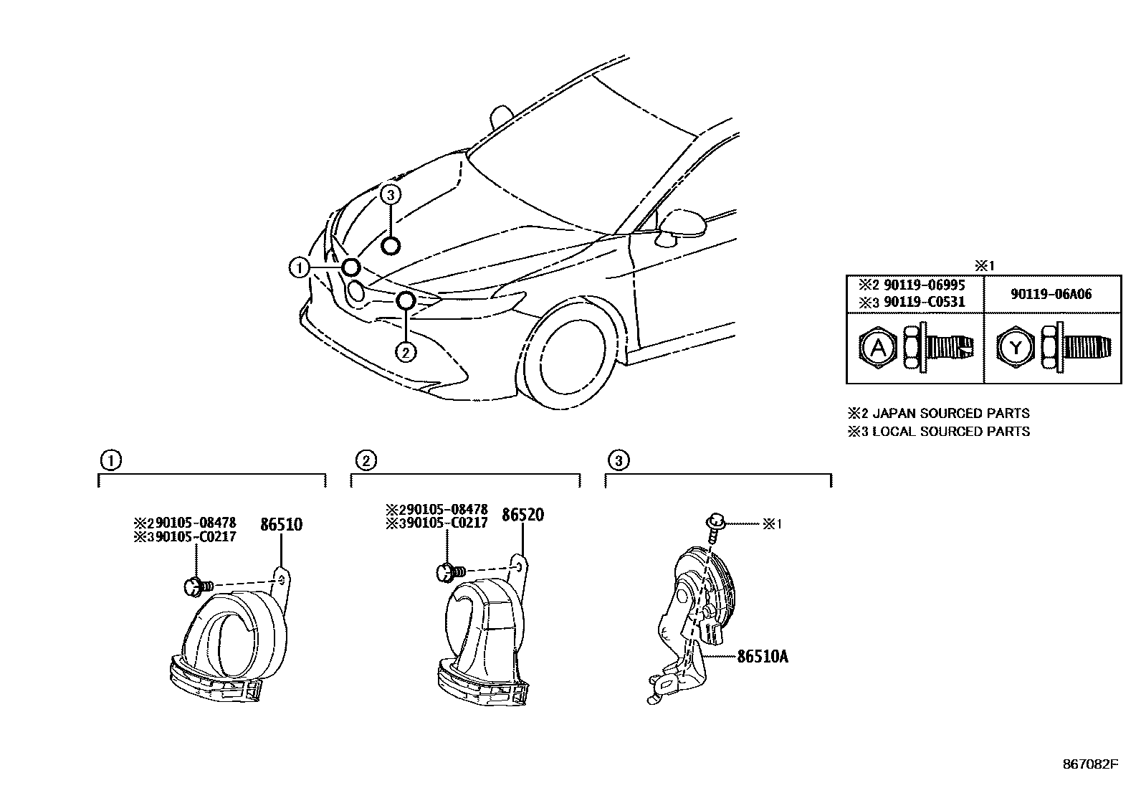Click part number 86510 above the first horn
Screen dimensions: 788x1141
pos(281,525)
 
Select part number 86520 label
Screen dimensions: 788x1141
pos(522,516)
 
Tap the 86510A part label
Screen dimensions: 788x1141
pos(763,656)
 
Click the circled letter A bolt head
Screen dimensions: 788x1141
pos(874,348)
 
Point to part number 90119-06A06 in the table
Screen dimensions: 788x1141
pos(1052,294)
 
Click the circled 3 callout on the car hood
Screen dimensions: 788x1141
pos(389,194)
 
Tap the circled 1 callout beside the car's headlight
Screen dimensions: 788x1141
pos(298,267)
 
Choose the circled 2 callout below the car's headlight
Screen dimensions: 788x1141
pos(405,352)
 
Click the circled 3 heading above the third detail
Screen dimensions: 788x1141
pos(618,460)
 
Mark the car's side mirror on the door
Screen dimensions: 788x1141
pos(681,224)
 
